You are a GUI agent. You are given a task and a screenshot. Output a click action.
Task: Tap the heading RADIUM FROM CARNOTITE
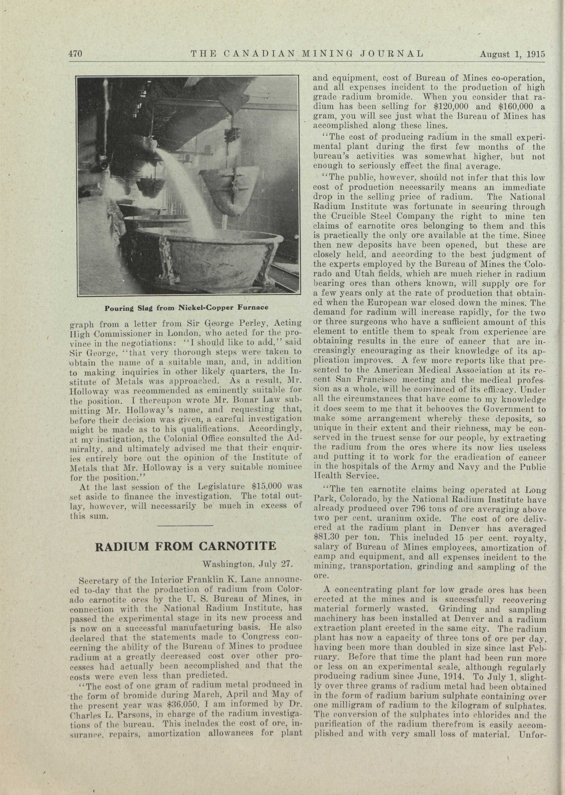click(x=185, y=546)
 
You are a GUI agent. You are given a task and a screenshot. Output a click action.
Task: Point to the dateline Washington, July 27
click(x=247, y=563)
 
